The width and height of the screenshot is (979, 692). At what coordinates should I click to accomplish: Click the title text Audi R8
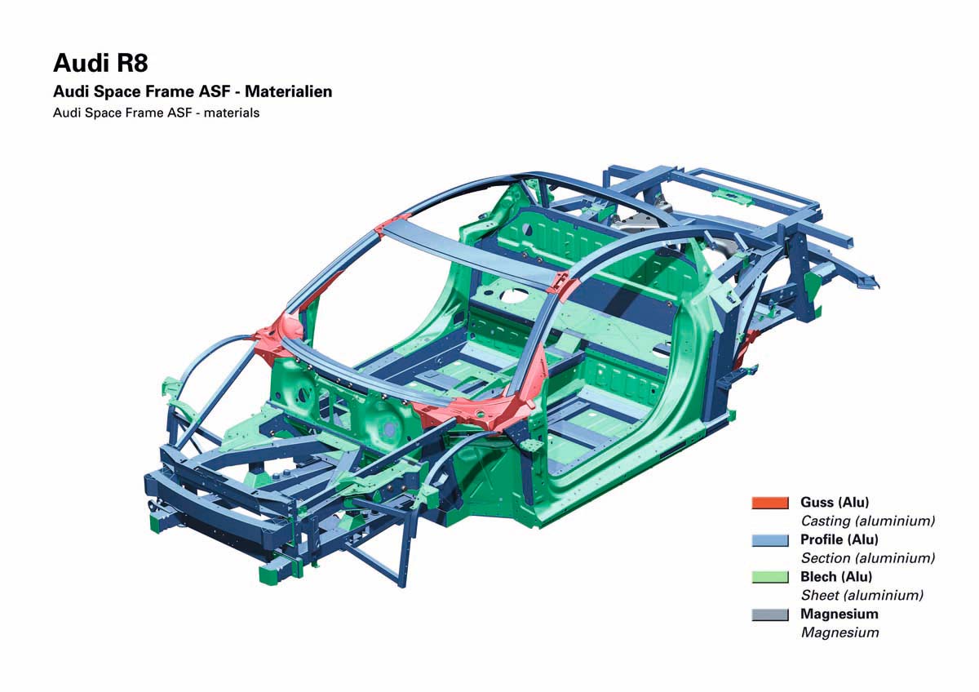click(x=100, y=63)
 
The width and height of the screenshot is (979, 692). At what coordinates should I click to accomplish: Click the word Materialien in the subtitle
click(x=288, y=91)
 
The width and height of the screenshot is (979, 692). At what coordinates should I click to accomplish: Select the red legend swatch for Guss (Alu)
click(x=769, y=502)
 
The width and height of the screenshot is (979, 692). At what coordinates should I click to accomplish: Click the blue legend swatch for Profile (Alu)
click(x=769, y=539)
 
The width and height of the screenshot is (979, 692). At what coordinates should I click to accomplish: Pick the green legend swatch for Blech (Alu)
click(x=769, y=577)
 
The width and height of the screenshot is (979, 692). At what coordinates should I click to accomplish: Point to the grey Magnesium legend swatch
click(x=769, y=614)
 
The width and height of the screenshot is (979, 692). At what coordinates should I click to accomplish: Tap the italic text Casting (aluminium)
click(x=867, y=521)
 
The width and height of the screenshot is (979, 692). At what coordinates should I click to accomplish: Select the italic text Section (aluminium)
click(x=867, y=558)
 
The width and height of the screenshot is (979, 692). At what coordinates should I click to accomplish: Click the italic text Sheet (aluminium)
click(x=862, y=596)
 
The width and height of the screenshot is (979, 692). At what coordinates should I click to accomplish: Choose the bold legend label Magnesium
click(x=839, y=614)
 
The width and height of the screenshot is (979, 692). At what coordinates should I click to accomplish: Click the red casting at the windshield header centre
click(x=393, y=225)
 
